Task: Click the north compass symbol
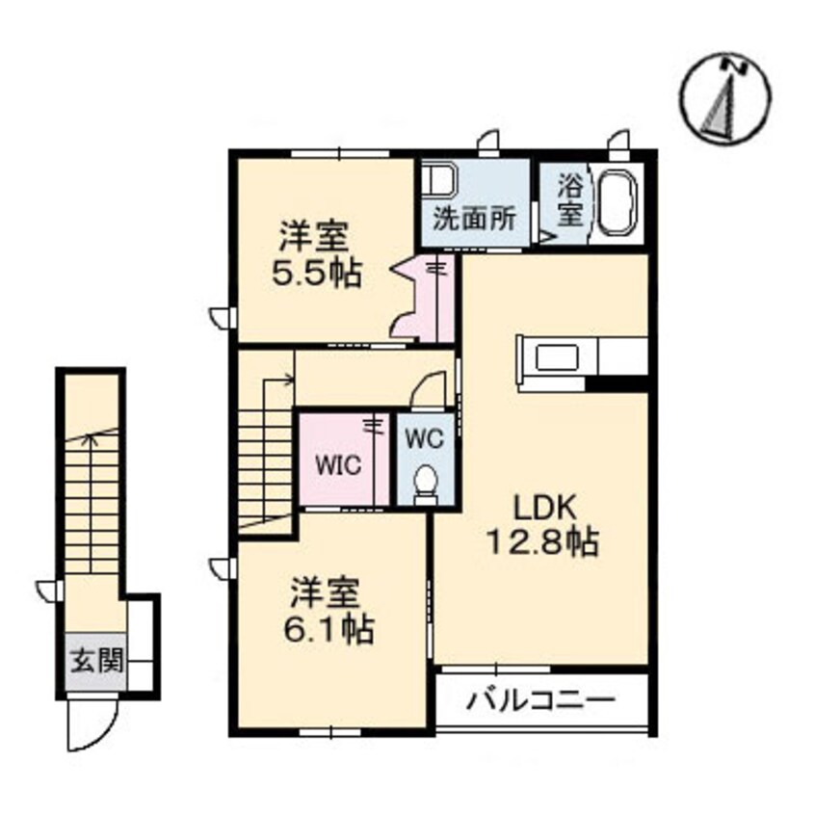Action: (x=725, y=98)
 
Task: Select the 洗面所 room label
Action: (x=475, y=219)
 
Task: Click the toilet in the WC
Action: (x=427, y=484)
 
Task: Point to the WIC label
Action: (x=338, y=464)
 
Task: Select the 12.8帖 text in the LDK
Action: (x=542, y=542)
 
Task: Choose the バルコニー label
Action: (x=540, y=701)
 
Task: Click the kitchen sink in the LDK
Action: (x=557, y=357)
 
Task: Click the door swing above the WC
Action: (x=430, y=389)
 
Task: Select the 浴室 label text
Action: (x=570, y=199)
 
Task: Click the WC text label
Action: (x=425, y=439)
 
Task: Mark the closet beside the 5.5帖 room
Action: (x=424, y=298)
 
